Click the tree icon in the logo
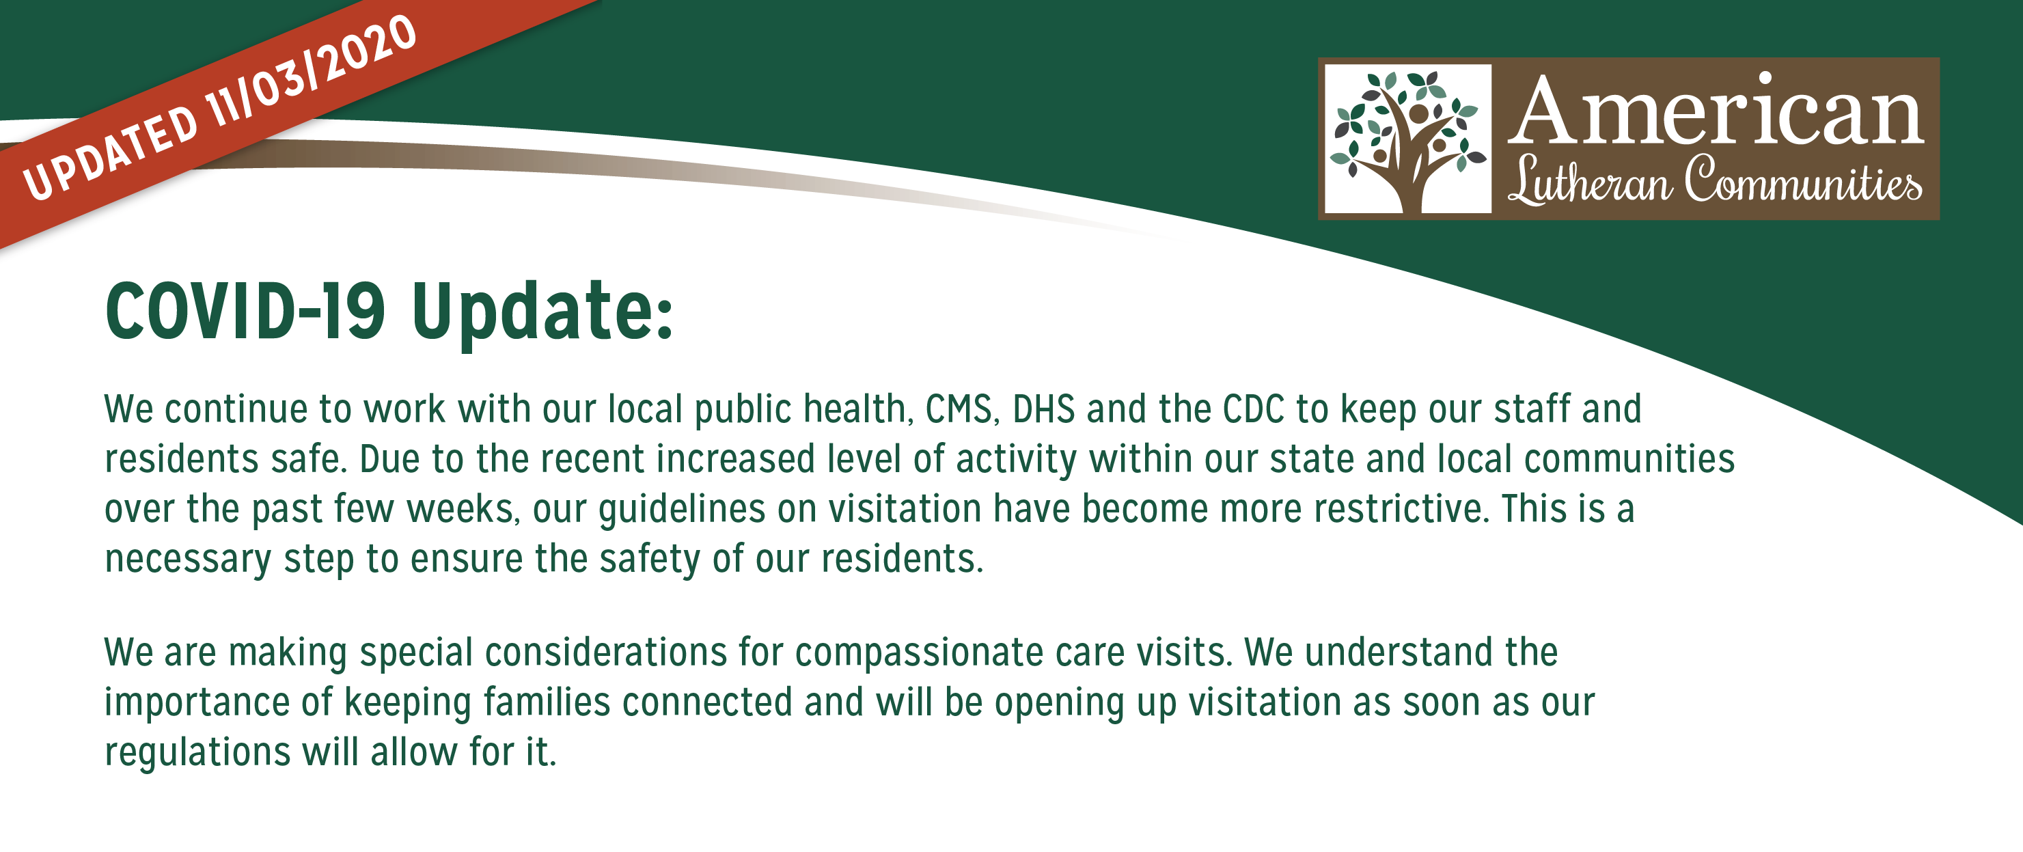click(x=1408, y=138)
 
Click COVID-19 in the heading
click(x=246, y=312)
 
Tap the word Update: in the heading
click(x=542, y=314)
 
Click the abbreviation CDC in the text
click(x=1252, y=409)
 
